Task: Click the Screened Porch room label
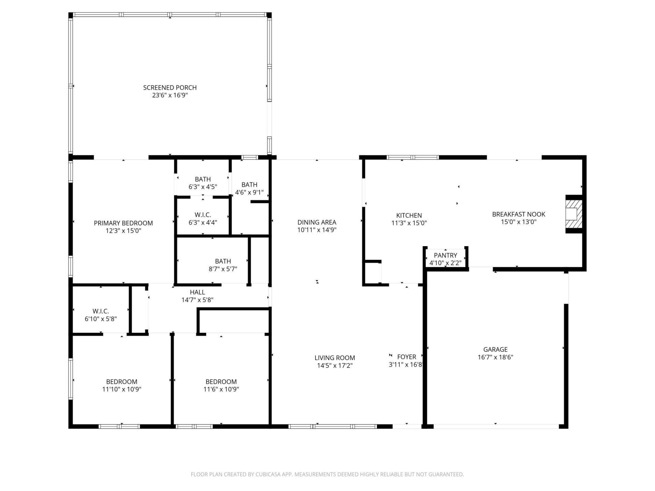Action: (x=170, y=88)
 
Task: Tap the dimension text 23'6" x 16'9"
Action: (x=170, y=95)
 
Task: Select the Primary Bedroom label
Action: (x=123, y=223)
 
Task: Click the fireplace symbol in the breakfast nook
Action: (x=573, y=214)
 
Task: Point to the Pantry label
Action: (x=445, y=255)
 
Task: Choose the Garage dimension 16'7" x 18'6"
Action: (x=495, y=357)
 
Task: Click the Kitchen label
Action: (x=409, y=215)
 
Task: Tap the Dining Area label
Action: (x=317, y=222)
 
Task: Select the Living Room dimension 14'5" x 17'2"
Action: (x=334, y=366)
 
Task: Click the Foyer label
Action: (x=406, y=357)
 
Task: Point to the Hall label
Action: (x=197, y=292)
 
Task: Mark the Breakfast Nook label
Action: (x=518, y=214)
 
